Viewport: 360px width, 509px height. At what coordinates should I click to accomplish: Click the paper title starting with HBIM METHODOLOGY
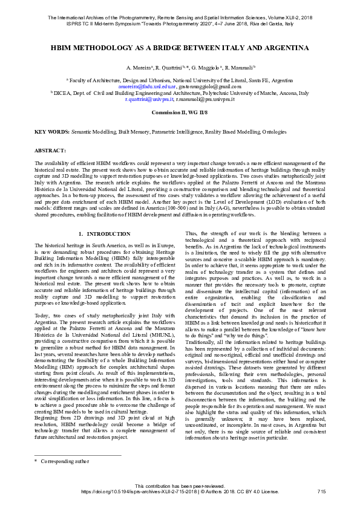[x=180, y=47]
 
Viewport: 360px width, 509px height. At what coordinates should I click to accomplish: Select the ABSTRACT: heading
[x=50, y=149]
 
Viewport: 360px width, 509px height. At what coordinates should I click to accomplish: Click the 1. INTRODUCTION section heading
[x=105, y=233]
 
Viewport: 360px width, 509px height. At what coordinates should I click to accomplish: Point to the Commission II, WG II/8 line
[x=180, y=113]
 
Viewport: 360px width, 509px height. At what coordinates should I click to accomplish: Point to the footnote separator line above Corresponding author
[x=78, y=472]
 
